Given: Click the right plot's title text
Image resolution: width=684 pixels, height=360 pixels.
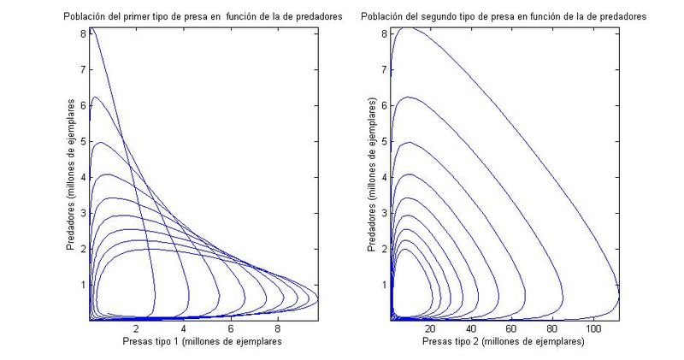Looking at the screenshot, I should [503, 16].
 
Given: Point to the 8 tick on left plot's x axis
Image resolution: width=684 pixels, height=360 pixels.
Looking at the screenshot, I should [278, 328].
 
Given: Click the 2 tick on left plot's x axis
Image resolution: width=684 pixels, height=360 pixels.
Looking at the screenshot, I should [136, 328].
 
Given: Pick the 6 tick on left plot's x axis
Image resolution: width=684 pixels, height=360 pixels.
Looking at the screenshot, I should [231, 328].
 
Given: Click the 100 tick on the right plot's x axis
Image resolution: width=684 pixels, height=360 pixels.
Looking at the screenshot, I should [593, 328].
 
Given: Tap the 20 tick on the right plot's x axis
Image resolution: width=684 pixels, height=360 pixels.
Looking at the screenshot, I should [430, 328].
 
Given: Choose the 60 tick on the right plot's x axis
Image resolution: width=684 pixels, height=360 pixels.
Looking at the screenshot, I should [512, 328].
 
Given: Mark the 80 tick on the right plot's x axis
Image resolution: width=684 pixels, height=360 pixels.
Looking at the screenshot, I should [553, 328].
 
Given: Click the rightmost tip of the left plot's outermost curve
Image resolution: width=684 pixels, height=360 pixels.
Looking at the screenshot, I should [317, 298].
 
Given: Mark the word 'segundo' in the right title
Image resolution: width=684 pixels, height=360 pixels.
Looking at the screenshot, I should [452, 16].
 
